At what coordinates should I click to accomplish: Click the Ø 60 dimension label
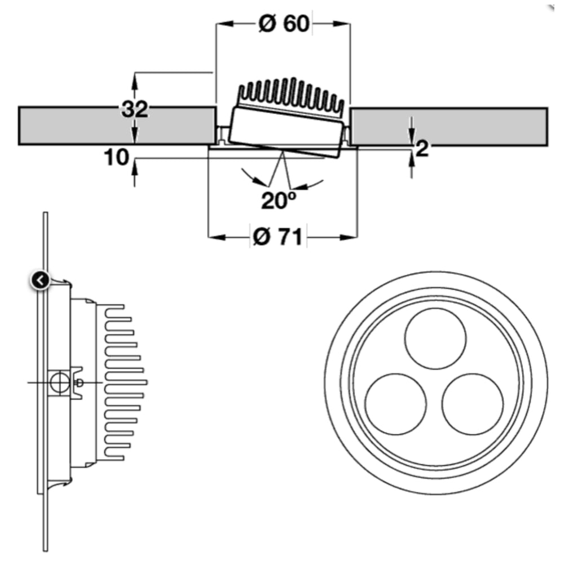pyautogui.click(x=284, y=24)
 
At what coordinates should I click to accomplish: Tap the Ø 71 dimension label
pyautogui.click(x=277, y=237)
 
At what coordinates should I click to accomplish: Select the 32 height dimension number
pyautogui.click(x=135, y=109)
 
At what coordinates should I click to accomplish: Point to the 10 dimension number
pyautogui.click(x=116, y=157)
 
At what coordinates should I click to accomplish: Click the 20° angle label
pyautogui.click(x=279, y=200)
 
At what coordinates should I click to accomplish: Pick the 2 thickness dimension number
pyautogui.click(x=422, y=148)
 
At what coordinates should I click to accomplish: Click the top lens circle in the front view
pyautogui.click(x=435, y=338)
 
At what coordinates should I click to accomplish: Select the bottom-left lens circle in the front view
pyautogui.click(x=396, y=404)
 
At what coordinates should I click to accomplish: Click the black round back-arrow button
pyautogui.click(x=40, y=280)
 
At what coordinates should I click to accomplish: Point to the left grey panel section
pyautogui.click(x=117, y=126)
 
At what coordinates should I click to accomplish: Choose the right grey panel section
pyautogui.click(x=450, y=126)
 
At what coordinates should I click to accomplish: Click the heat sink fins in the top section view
pyautogui.click(x=292, y=96)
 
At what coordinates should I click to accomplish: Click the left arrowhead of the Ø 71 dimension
pyautogui.click(x=217, y=237)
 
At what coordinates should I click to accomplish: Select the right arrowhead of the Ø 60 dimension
pyautogui.click(x=342, y=24)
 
